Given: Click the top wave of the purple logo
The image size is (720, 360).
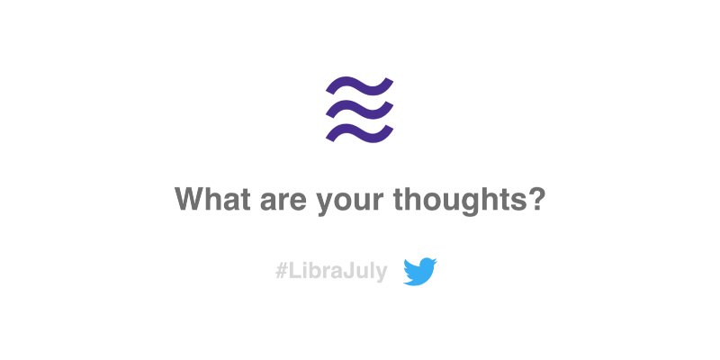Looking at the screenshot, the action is coord(359,85).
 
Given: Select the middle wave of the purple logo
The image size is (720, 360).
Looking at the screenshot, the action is coord(359,109).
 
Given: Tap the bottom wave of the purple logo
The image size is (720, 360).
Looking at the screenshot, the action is coord(359,132).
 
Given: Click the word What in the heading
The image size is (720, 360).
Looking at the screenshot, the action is coord(212,198).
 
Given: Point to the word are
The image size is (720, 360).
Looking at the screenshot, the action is coord(283,202).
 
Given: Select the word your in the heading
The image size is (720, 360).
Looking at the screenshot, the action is coord(350,204).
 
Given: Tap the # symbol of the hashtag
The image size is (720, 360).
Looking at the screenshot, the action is coord(281,272).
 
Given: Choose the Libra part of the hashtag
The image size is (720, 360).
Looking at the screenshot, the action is coord(315,272).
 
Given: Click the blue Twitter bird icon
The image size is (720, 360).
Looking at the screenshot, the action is coord(420,272).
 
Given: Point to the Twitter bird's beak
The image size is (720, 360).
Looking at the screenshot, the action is coord(435,262).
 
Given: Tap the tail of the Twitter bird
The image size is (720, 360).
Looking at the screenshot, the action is coord(407,281).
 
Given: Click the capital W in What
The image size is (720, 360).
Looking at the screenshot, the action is coord(189,198).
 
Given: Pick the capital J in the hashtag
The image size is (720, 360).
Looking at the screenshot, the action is coord(348,272).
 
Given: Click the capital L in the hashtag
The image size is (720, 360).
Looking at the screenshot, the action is coord(293,272).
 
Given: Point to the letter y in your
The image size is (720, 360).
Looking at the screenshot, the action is coord(326,204).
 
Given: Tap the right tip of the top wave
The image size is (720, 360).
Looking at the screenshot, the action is coord(390,81).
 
